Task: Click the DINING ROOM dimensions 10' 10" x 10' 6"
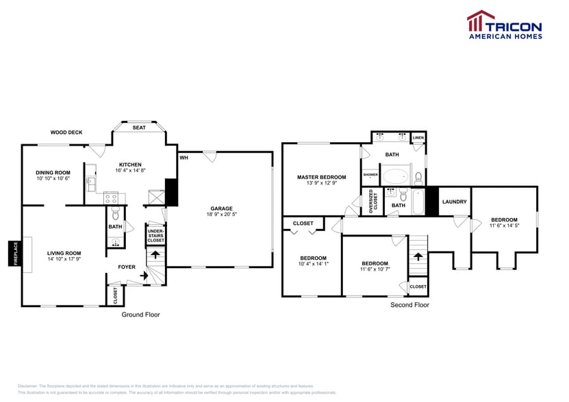point(53,178)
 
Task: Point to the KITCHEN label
point(130,165)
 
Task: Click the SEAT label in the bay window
point(139,128)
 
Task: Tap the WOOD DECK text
point(66,133)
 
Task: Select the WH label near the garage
point(184,158)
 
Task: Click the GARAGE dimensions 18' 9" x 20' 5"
point(221,214)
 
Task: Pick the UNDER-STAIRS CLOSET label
point(155,236)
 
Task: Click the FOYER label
point(127,267)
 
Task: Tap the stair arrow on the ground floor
point(155,255)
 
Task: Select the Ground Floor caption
point(141,314)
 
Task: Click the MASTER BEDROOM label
point(321,177)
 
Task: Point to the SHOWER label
point(370,175)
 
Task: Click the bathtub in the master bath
point(394,177)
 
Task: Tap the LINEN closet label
point(418,138)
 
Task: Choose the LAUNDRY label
point(455,202)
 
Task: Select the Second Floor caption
point(409,305)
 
